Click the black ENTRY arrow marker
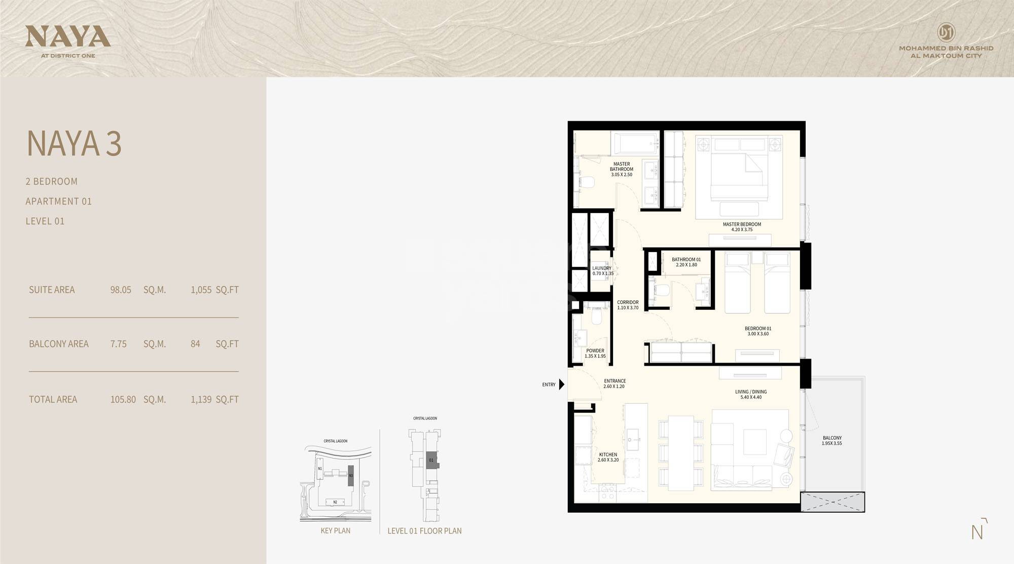(562, 384)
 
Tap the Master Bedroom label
(742, 224)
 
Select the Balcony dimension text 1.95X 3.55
(832, 444)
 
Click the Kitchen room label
(608, 454)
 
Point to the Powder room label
(595, 350)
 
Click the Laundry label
(602, 268)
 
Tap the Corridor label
(628, 302)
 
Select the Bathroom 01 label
(686, 260)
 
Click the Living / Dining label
(751, 392)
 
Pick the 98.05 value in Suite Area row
(121, 290)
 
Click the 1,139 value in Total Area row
(201, 400)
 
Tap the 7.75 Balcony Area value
(119, 344)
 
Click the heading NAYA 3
(74, 144)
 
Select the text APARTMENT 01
(59, 201)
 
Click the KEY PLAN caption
(335, 531)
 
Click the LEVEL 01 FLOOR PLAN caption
(424, 531)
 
